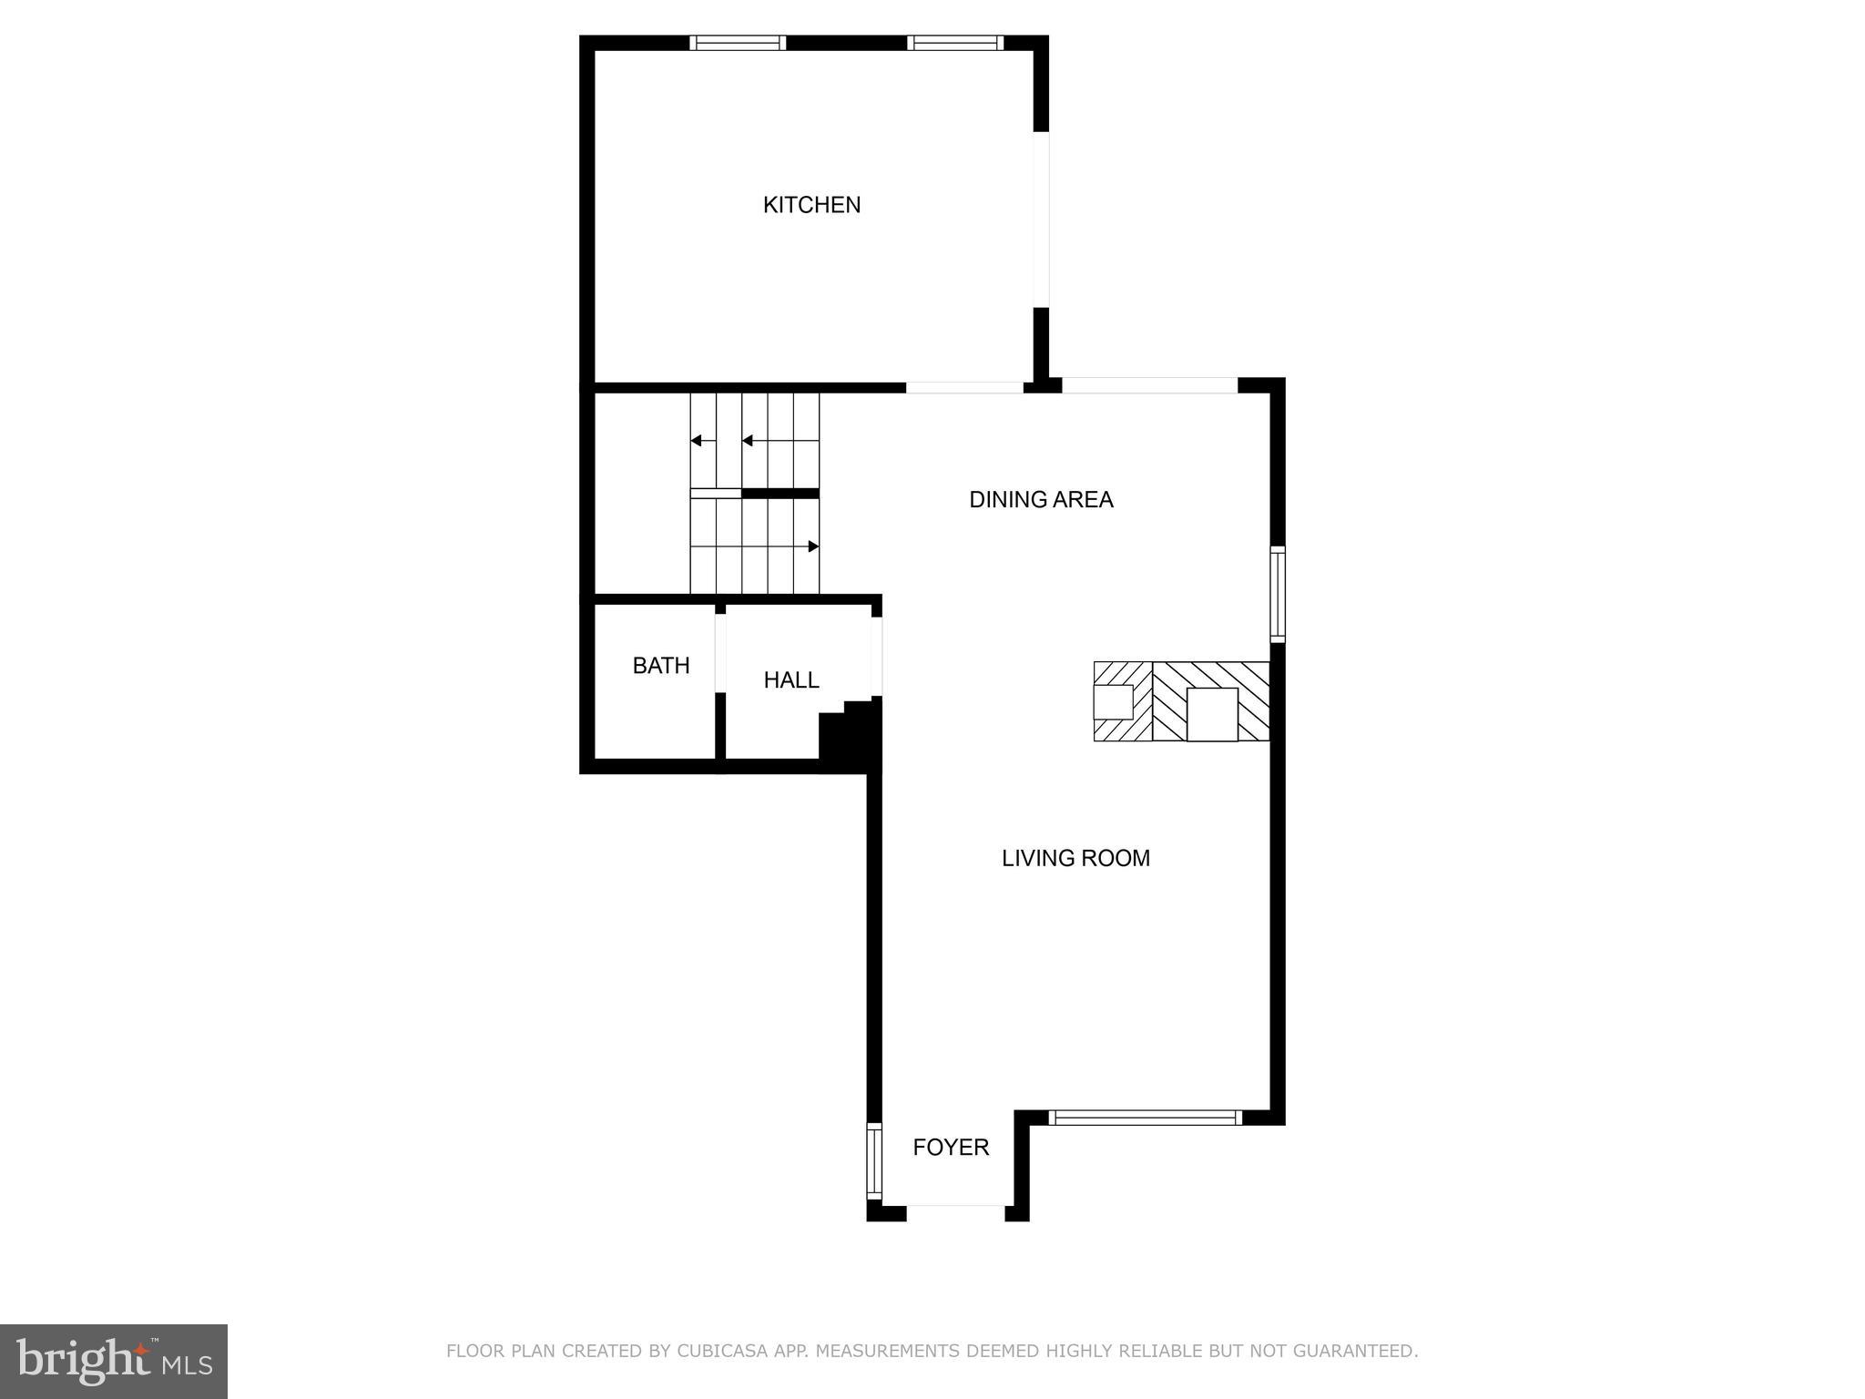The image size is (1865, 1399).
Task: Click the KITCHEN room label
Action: pos(811,205)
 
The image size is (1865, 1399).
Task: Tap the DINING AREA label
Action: pos(1041,500)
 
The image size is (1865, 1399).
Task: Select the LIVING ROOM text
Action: pos(1075,858)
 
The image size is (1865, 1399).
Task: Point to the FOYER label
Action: pos(951,1148)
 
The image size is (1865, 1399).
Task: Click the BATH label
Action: pos(661,666)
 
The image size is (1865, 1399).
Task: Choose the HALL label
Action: pos(790,680)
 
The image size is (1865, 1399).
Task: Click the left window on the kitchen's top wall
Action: pos(737,43)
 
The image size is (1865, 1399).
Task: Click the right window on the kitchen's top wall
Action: pos(955,43)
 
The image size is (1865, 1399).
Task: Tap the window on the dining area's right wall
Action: pos(1278,594)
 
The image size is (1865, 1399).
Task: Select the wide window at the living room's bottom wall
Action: pos(1145,1118)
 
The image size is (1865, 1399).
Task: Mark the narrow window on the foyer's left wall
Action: pos(874,1160)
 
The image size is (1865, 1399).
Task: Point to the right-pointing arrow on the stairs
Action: pos(813,546)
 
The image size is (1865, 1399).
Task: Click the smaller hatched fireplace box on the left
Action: pos(1122,701)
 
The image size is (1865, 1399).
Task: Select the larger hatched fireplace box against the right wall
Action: pos(1211,701)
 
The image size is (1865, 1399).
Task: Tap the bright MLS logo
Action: pos(114,1362)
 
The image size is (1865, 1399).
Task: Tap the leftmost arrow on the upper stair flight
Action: pos(696,441)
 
